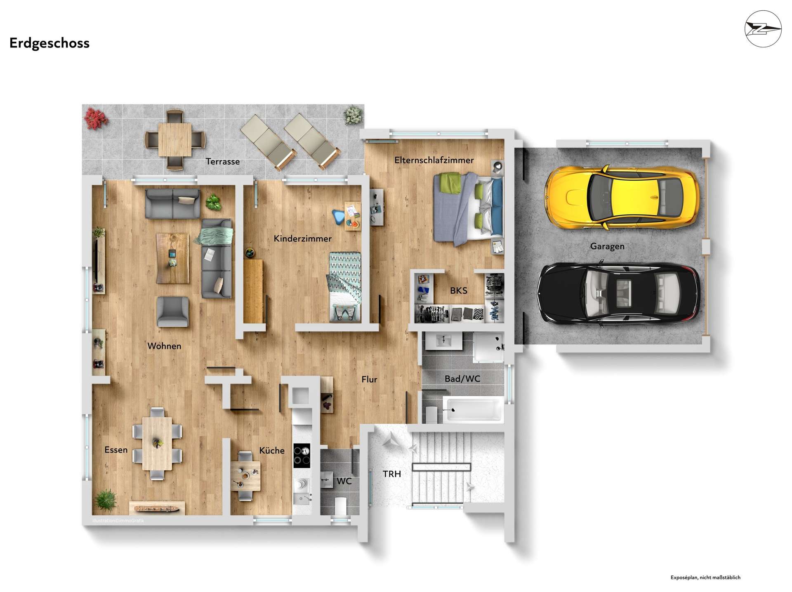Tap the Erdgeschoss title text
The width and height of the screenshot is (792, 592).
(49, 43)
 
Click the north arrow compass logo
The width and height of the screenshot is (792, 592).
(763, 29)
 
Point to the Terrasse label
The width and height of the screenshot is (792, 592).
(223, 161)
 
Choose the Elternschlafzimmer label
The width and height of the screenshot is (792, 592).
(434, 160)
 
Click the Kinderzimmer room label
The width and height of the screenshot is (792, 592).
(303, 238)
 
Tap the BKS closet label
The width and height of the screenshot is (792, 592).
(459, 290)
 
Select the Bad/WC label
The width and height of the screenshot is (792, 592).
(462, 379)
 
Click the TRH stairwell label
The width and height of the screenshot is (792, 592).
(392, 474)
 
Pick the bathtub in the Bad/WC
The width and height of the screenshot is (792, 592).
(473, 410)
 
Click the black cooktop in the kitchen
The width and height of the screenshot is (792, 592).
(302, 455)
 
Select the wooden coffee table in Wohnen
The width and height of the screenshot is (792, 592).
(173, 258)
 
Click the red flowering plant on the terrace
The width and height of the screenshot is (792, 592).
(96, 118)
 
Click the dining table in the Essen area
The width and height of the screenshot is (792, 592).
(157, 443)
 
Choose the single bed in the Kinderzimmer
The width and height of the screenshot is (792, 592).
(345, 287)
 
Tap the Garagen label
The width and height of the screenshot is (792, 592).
(607, 246)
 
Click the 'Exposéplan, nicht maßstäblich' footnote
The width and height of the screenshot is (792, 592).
(705, 578)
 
